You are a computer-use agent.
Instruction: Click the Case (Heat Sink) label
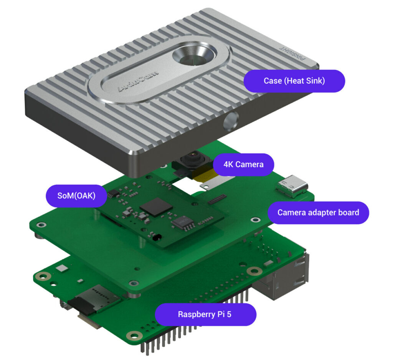294,81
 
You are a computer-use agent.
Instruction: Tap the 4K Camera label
243,164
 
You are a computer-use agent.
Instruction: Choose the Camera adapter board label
318,212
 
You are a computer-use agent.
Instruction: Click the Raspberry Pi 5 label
205,314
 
